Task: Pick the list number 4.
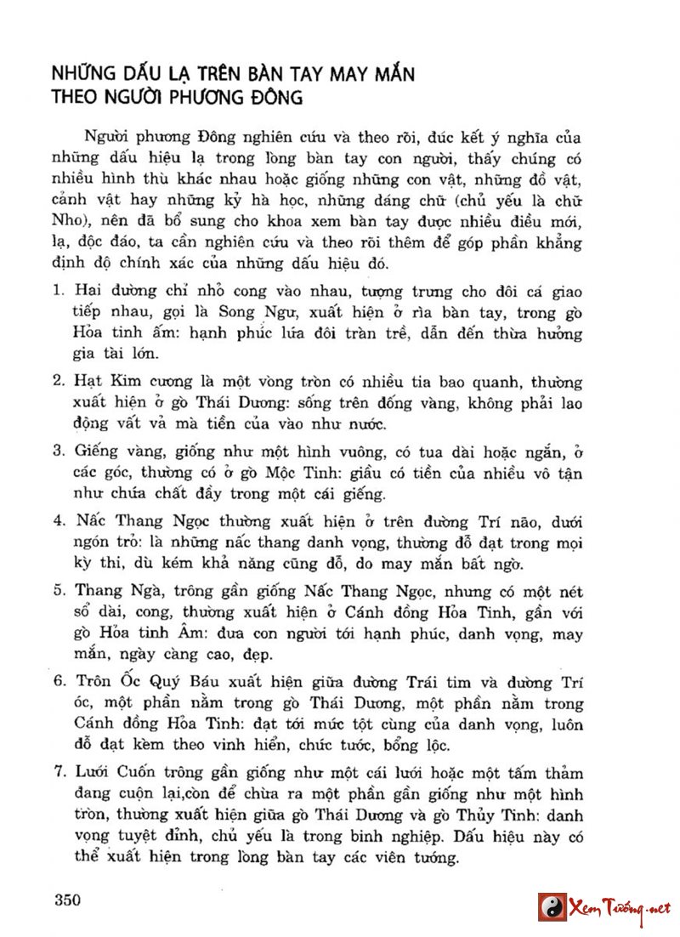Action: (x=57, y=520)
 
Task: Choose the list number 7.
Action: (x=57, y=773)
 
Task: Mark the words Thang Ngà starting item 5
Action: (x=115, y=592)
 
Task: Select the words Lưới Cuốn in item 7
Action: (x=117, y=773)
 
